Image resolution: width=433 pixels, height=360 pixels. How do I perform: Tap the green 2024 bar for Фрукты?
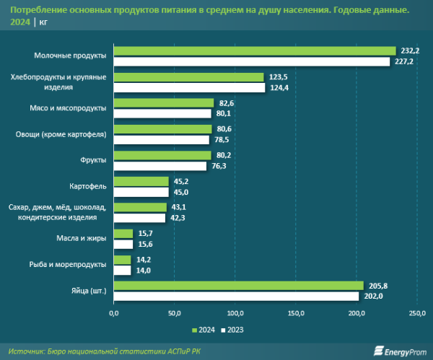pos(162,155)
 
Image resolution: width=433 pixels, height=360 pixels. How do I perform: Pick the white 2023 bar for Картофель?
pos(141,192)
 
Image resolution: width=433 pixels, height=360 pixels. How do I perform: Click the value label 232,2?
pos(411,51)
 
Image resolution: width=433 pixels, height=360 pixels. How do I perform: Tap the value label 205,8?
pos(379,286)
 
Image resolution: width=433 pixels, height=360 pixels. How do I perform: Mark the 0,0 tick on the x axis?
pos(114,315)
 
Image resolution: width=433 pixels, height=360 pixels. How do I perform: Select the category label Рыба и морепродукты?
pos(70,265)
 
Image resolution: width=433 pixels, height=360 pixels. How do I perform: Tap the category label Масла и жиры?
pos(82,239)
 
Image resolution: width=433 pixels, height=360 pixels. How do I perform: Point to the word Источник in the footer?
pos(22,350)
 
